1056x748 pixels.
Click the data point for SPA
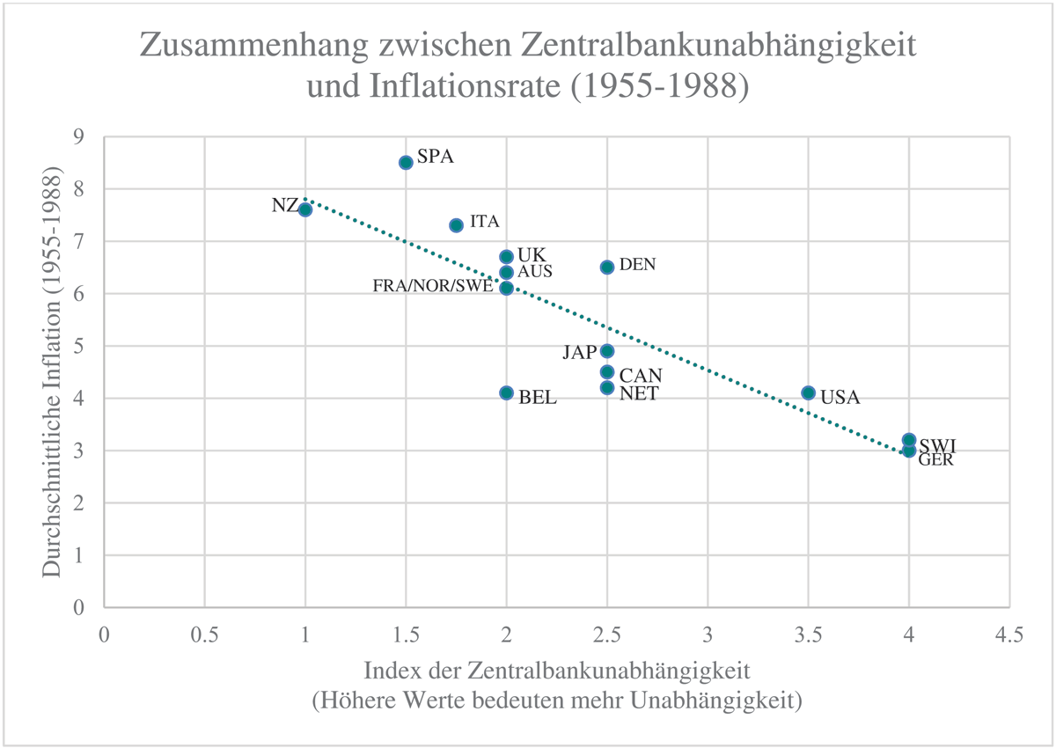coord(406,162)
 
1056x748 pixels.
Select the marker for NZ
coord(305,209)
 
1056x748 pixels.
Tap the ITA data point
coord(456,225)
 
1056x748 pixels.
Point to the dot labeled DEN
coord(607,267)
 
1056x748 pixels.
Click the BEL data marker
coord(506,392)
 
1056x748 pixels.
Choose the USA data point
coord(809,392)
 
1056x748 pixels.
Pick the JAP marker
coord(607,350)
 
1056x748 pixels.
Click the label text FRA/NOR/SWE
coord(433,288)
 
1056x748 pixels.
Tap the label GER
coord(935,459)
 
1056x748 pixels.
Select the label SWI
coord(937,445)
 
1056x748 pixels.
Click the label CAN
coord(641,376)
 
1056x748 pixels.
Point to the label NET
coord(639,393)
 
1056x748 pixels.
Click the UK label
coord(532,255)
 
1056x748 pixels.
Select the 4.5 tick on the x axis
coord(1009,634)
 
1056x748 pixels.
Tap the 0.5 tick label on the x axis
coord(204,634)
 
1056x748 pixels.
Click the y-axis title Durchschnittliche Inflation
coord(54,371)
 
